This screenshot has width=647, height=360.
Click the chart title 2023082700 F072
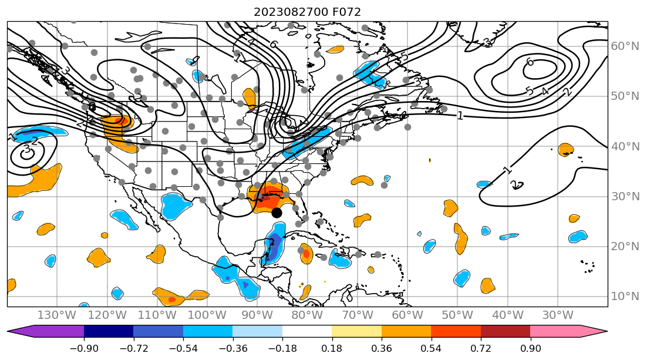(x=307, y=12)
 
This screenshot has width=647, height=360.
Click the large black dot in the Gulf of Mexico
(x=277, y=213)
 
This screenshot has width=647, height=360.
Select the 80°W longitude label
(x=307, y=315)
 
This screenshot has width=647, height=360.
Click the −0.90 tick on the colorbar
(x=83, y=348)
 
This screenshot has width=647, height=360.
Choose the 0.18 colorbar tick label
(x=332, y=348)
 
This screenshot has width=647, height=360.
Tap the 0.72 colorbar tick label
(x=481, y=348)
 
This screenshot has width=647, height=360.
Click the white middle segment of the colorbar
(x=307, y=331)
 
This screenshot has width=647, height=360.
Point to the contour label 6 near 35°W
(x=530, y=62)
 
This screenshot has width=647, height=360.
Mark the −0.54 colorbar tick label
(x=183, y=348)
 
